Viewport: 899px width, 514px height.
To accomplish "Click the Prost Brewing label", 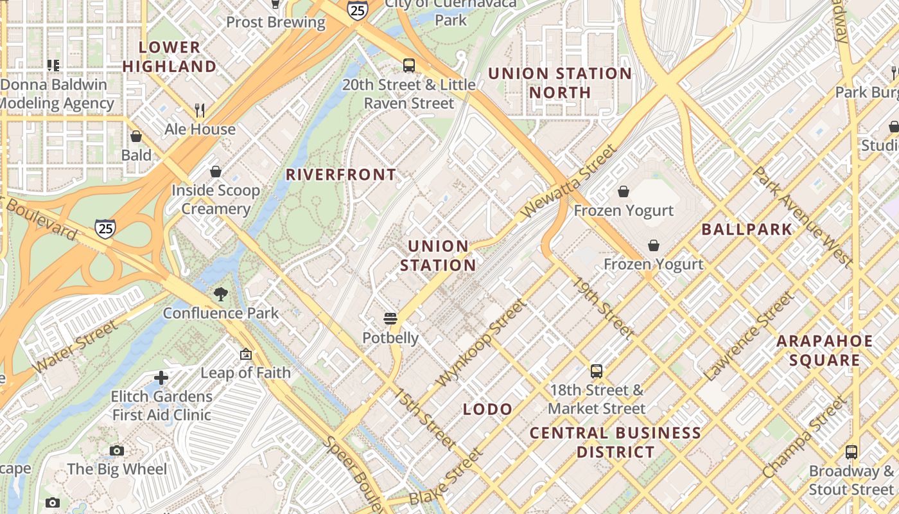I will click(x=275, y=22).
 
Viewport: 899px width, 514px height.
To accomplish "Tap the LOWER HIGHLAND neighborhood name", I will click(x=170, y=57).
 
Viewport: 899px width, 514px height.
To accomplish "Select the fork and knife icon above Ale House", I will click(x=200, y=110).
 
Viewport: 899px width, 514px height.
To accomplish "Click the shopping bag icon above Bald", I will click(x=136, y=136).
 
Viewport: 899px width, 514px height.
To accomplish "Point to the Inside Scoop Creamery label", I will click(x=215, y=199).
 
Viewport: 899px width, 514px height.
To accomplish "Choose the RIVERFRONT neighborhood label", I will click(x=341, y=175).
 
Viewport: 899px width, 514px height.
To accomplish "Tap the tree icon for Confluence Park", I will click(x=220, y=294).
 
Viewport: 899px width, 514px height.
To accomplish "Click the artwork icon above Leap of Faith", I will click(x=245, y=354).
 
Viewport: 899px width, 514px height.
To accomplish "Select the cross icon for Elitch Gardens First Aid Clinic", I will click(x=161, y=378).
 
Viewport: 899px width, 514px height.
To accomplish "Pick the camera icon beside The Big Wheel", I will click(x=116, y=450).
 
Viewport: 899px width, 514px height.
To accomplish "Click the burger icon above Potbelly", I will click(x=390, y=319).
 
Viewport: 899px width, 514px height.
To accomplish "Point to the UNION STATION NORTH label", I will click(x=559, y=83).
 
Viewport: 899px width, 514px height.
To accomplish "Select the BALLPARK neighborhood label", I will click(x=747, y=229).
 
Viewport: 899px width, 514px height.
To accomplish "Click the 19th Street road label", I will click(x=603, y=307).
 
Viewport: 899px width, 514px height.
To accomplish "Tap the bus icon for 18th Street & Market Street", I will click(x=597, y=371).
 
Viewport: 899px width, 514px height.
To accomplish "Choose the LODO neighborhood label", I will click(x=487, y=409).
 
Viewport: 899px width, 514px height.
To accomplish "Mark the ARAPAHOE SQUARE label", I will click(x=825, y=350).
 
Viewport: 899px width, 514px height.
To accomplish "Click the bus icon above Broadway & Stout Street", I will click(x=851, y=452).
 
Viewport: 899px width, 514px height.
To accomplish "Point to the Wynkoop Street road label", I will click(x=480, y=344).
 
